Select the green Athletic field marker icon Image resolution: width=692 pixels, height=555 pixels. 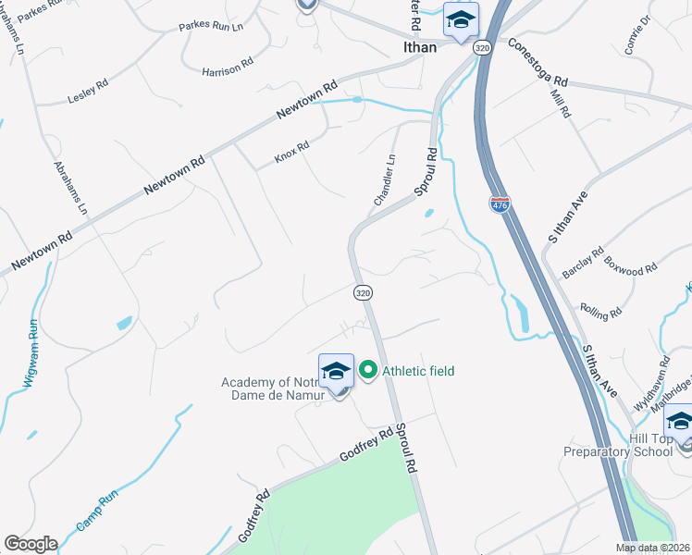[367, 372]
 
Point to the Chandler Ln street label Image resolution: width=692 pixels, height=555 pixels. [384, 180]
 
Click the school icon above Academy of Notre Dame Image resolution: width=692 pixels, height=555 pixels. [336, 372]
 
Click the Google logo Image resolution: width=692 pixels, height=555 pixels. [31, 544]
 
